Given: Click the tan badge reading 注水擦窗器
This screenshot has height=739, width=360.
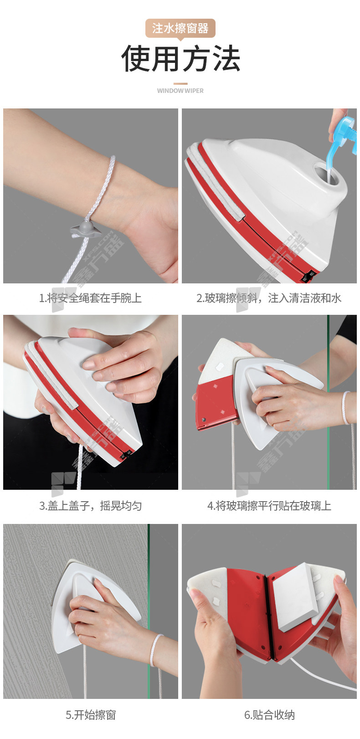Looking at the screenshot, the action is coord(180,28).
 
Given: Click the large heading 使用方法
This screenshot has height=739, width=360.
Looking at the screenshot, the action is coord(180,59).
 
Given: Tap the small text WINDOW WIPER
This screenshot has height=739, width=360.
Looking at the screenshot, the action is coord(180,90).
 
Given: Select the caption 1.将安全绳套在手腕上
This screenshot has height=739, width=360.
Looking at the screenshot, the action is coord(90,298).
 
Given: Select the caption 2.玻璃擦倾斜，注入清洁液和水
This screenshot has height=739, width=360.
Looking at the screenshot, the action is coord(269,298).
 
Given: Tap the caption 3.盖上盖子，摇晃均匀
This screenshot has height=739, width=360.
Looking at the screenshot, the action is coord(90,505).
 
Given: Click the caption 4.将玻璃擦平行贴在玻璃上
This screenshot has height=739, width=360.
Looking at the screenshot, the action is coord(269,505).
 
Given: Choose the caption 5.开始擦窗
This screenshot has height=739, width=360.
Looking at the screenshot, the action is coord(90,715).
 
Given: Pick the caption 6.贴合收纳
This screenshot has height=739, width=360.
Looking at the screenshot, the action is coord(269,715).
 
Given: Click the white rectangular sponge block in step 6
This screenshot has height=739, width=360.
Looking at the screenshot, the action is coord(295,597).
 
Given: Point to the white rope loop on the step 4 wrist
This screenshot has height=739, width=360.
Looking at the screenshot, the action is coord(345,407).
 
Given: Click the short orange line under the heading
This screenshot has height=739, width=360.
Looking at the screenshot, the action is coord(180,83).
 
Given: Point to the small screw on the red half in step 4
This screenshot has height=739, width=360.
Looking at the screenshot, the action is coord(204,419).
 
